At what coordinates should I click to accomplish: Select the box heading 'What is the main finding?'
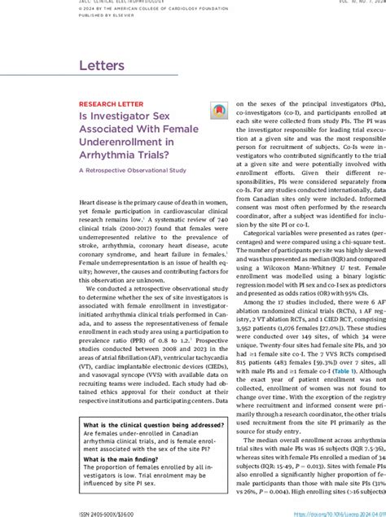[123, 459]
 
